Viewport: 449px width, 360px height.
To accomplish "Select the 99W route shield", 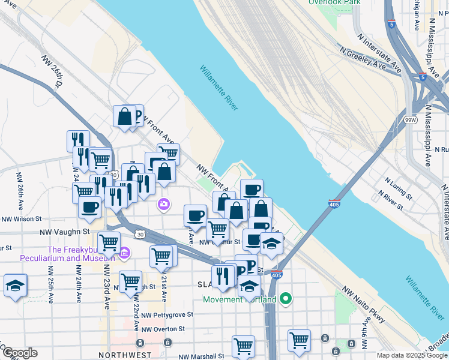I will click(411, 119).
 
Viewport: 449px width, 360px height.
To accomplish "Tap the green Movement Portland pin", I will click(286, 298).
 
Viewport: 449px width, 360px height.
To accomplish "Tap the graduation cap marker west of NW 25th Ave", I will click(15, 285).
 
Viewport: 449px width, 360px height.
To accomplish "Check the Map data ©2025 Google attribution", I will click(412, 355).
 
